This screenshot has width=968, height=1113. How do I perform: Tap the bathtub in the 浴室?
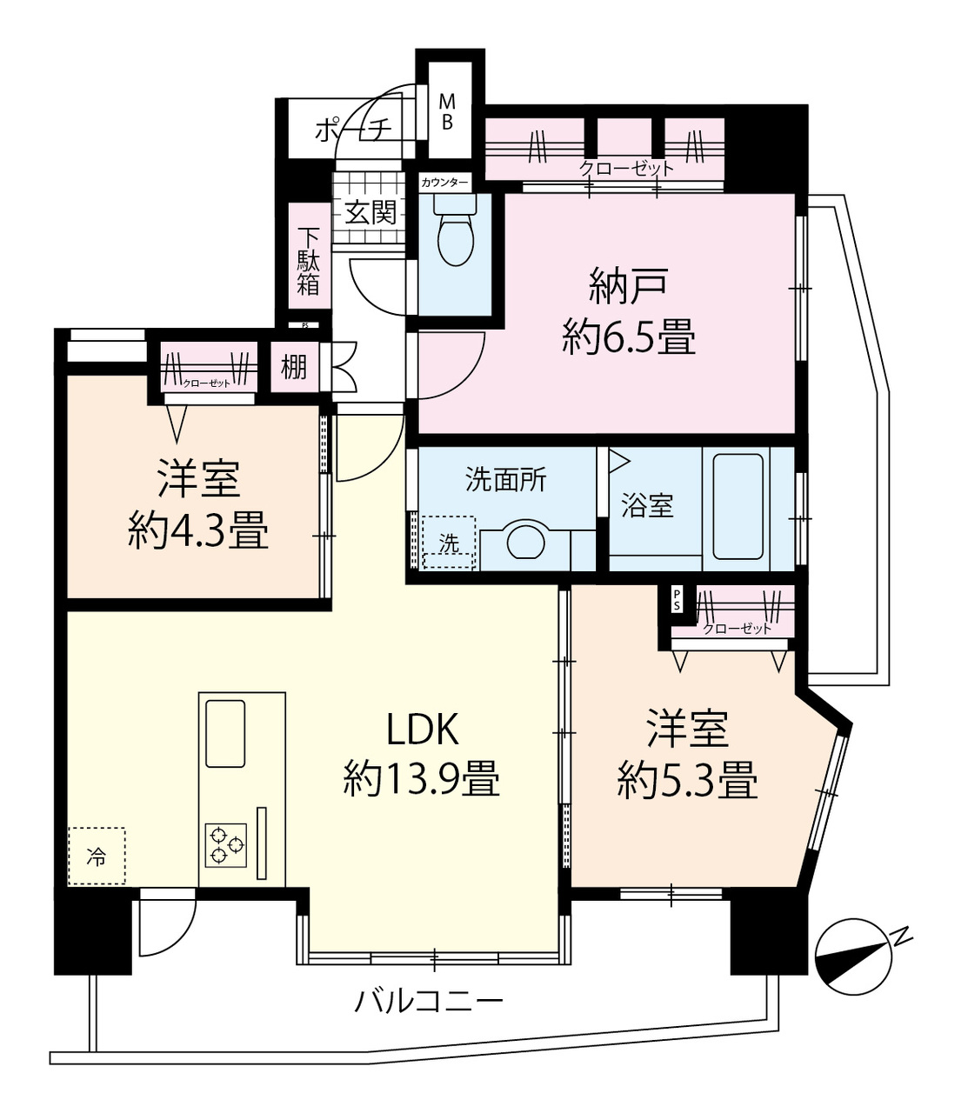(x=738, y=506)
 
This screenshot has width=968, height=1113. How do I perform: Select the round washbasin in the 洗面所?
(x=525, y=541)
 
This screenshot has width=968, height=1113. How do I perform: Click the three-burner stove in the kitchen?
(x=225, y=845)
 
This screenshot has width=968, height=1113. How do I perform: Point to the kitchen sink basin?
(x=225, y=733)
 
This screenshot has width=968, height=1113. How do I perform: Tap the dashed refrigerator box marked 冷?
(x=97, y=856)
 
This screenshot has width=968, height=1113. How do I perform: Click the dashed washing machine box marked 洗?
(x=449, y=543)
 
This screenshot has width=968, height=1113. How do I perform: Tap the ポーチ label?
(x=354, y=130)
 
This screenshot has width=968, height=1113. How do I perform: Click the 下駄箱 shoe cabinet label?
(x=308, y=262)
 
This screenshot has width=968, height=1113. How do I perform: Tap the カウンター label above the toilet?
(x=444, y=183)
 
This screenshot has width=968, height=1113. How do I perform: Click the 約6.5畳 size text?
(x=629, y=338)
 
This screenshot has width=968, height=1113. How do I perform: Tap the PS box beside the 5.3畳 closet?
(x=677, y=599)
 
